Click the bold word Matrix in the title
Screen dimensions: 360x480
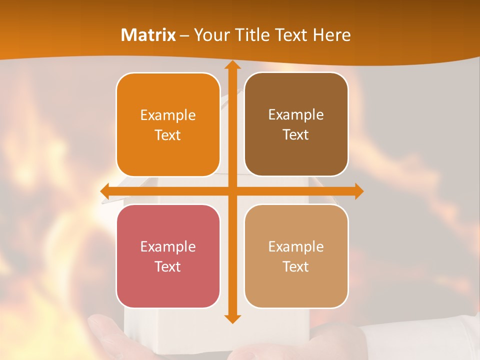point(148,35)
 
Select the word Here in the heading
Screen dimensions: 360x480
point(332,35)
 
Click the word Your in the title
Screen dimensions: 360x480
point(211,35)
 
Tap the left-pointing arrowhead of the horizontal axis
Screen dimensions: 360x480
point(105,191)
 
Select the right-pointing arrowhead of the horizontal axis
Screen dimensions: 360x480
point(358,191)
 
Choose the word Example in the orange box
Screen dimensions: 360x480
point(168,115)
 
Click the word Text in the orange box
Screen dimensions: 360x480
point(168,135)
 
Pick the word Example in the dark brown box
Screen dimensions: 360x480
point(296,115)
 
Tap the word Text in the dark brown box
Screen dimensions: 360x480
point(296,135)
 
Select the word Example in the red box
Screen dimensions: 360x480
point(168,247)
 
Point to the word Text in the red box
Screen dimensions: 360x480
point(168,267)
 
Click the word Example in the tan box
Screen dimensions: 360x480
point(296,247)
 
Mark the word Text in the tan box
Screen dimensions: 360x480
point(296,267)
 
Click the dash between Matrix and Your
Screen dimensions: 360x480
point(184,35)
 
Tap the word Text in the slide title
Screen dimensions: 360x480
point(293,35)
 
